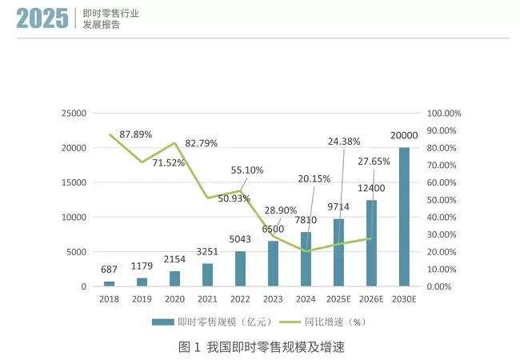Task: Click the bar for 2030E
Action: point(404,217)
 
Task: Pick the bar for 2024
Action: point(306,259)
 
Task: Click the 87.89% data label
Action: point(135,134)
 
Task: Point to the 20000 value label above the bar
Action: point(405,135)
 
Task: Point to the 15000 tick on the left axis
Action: point(74,182)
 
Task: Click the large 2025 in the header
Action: point(42,19)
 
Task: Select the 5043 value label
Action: point(240,240)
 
